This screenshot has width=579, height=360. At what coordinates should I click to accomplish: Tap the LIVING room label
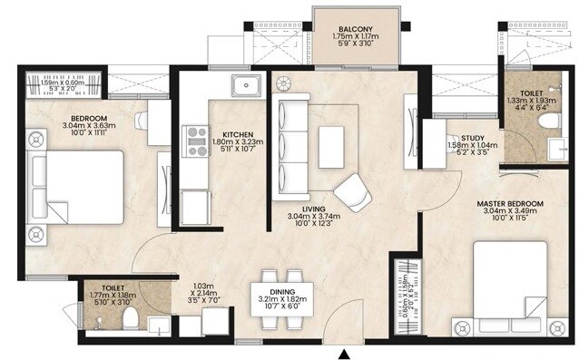[314, 209]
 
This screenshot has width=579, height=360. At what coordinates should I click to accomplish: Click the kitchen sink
[245, 87]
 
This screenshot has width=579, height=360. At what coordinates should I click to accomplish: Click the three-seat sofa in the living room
[293, 146]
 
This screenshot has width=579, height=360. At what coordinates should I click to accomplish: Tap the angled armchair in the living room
[352, 191]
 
